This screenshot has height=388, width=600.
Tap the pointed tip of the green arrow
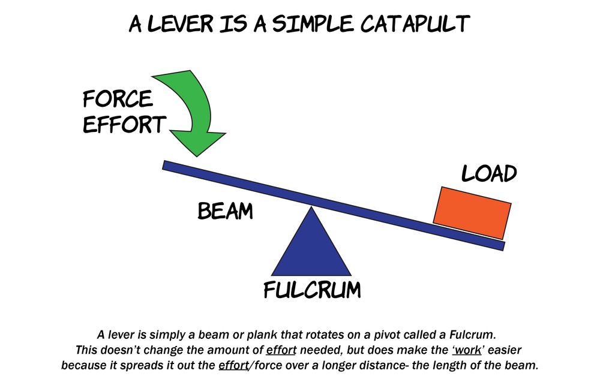(196, 157)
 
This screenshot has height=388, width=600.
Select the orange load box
(472, 213)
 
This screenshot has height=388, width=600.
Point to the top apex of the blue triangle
(311, 207)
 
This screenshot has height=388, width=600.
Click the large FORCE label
(118, 98)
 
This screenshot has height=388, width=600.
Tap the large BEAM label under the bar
(225, 211)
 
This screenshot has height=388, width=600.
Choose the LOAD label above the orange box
(489, 173)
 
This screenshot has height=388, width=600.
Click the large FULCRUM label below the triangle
(313, 290)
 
